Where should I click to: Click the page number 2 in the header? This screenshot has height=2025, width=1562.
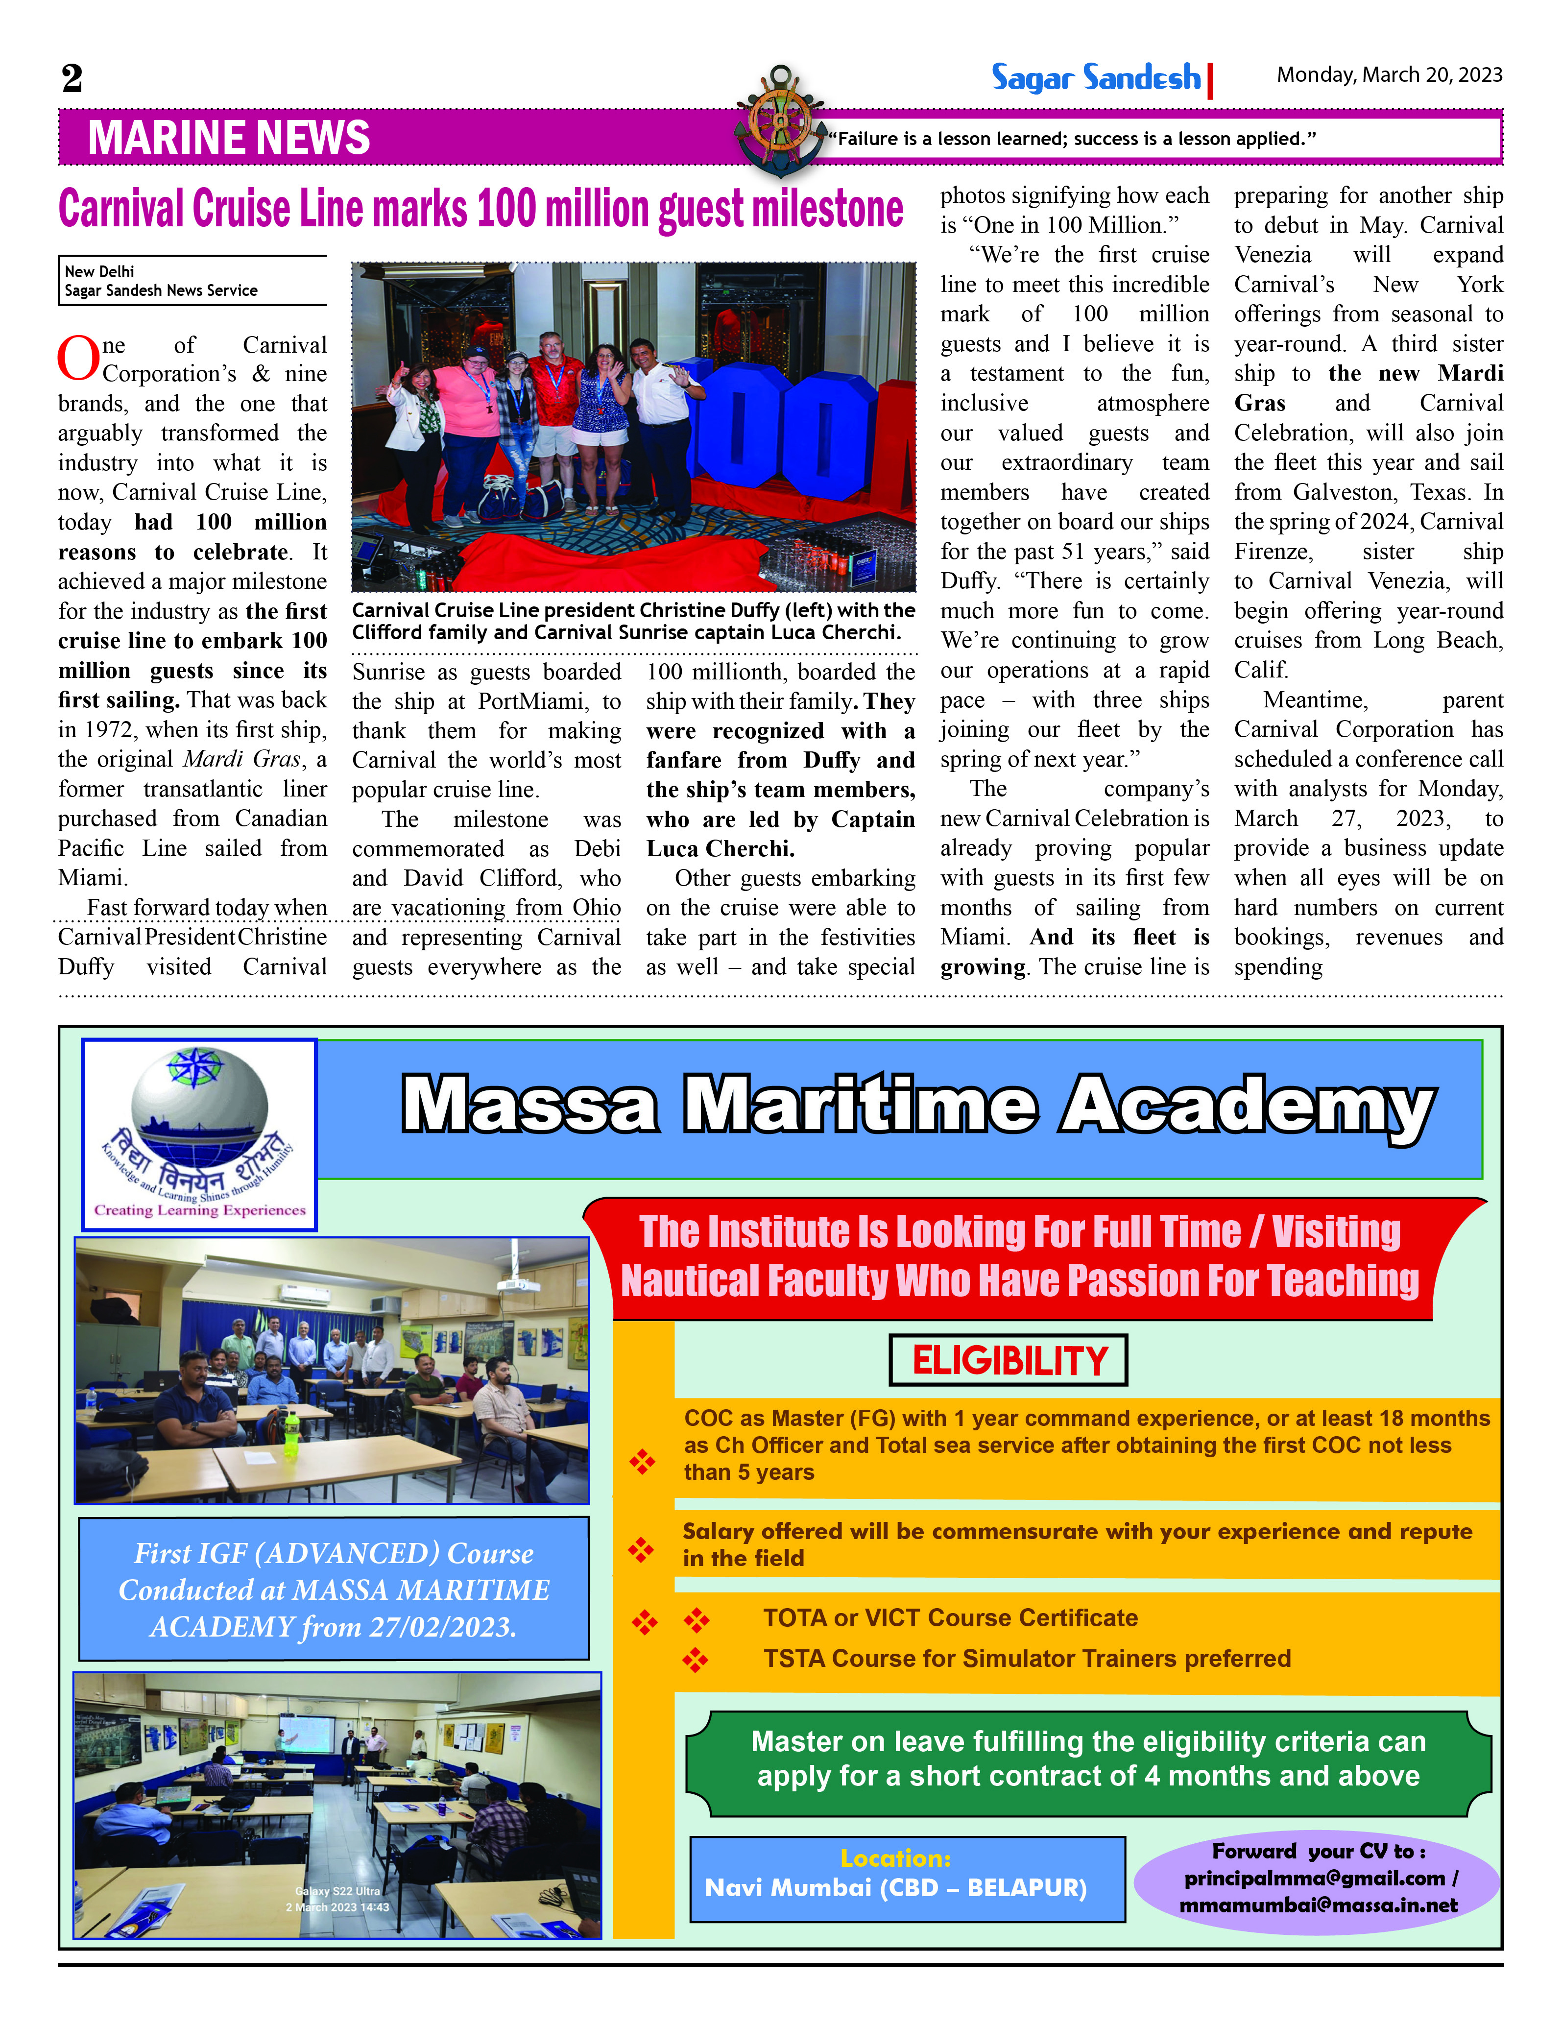(x=72, y=78)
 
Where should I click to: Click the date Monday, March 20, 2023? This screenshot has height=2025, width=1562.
(x=1389, y=75)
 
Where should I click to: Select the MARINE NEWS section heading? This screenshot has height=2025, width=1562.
(x=228, y=138)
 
